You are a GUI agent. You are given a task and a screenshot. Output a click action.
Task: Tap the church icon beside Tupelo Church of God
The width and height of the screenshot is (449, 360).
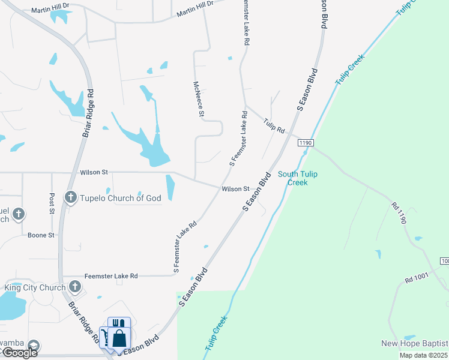(x=70, y=197)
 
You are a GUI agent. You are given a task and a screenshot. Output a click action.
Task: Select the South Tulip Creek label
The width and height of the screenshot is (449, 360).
(x=297, y=178)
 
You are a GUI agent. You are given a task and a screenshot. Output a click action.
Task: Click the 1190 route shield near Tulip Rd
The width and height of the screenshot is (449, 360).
(x=305, y=142)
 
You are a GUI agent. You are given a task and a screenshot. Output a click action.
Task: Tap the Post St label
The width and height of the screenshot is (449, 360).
(x=52, y=203)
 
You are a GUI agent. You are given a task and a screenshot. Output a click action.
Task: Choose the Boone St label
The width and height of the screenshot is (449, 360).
(x=41, y=235)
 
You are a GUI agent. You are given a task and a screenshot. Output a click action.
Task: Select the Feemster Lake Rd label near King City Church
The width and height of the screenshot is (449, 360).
(x=111, y=276)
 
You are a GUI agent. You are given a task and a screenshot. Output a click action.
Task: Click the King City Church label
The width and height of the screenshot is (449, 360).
(x=35, y=288)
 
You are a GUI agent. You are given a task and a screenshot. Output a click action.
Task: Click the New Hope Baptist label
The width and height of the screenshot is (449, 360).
(x=414, y=343)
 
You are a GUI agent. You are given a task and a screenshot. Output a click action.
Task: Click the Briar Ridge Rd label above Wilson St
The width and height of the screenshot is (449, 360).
(x=88, y=114)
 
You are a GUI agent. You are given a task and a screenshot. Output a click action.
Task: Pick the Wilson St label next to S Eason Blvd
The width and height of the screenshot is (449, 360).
(x=235, y=189)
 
